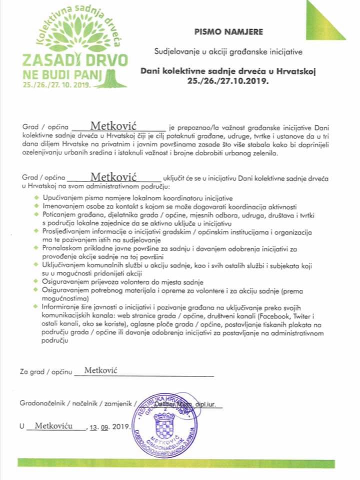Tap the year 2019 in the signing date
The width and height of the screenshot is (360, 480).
coord(121,427)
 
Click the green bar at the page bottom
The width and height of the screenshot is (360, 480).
coord(180,463)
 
